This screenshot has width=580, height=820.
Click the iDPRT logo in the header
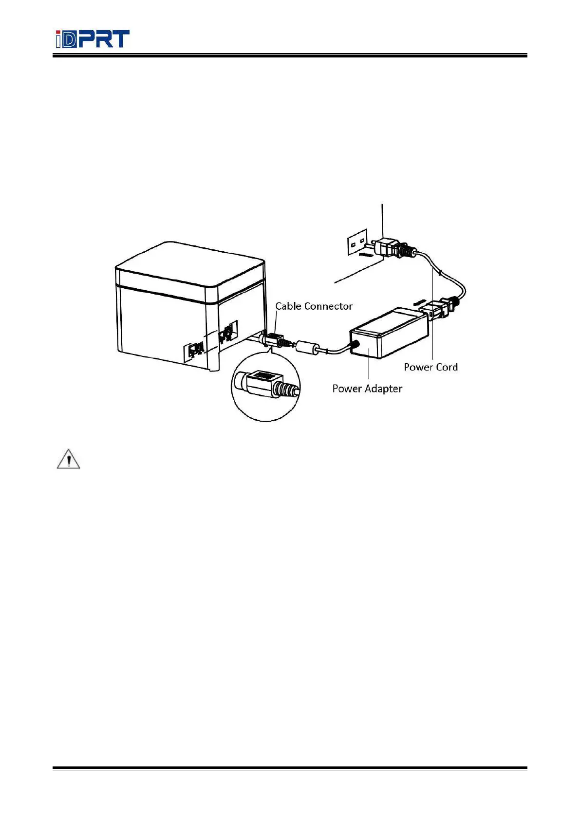(92, 39)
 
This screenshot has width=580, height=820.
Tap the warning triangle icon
(68, 459)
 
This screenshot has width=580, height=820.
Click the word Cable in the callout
(288, 306)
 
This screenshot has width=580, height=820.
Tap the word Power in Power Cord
(417, 367)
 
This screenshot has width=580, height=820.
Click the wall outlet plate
(356, 242)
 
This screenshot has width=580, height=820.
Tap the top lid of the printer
(190, 265)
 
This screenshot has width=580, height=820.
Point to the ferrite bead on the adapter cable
(307, 348)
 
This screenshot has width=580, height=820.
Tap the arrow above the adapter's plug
(417, 302)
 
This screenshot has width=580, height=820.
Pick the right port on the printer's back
(227, 334)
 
